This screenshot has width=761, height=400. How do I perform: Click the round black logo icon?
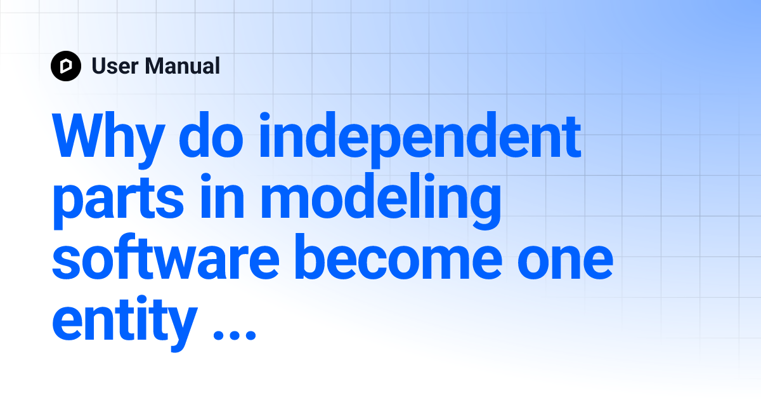pos(66,65)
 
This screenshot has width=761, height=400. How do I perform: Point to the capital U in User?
pos(99,65)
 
